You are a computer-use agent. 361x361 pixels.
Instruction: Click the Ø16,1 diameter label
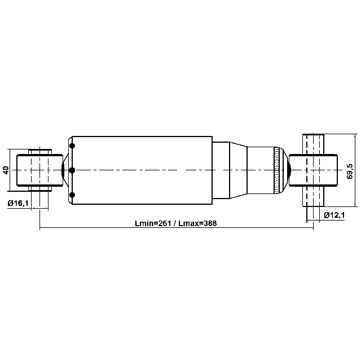tap(18, 203)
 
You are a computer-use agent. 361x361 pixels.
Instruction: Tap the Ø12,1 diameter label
tap(334, 215)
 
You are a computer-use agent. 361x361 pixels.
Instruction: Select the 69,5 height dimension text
tap(350, 171)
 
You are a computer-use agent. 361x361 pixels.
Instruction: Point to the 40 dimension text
tap(6, 170)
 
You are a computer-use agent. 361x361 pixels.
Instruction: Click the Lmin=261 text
tap(153, 223)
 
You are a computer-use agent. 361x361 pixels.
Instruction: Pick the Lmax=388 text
tap(197, 223)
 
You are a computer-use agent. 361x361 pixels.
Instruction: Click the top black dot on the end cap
tap(72, 146)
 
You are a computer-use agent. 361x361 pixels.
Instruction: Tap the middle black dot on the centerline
tap(72, 170)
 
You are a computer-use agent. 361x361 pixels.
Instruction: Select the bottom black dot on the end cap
tap(72, 195)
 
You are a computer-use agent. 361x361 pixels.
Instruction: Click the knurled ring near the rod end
tap(276, 170)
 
